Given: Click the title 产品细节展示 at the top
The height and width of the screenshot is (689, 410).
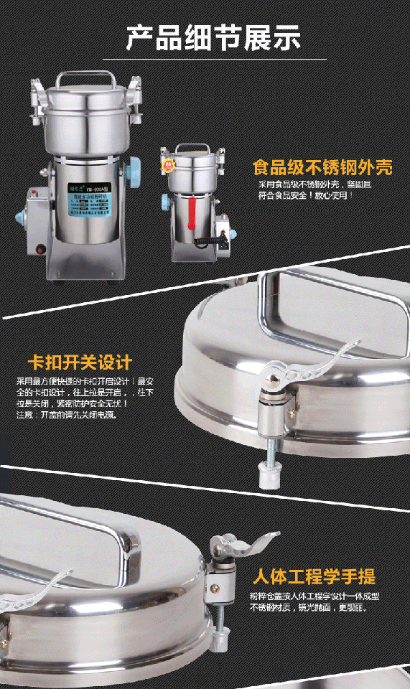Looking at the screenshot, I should pyautogui.click(x=213, y=38).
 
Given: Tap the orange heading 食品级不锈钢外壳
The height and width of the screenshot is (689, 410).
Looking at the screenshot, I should pyautogui.click(x=322, y=168).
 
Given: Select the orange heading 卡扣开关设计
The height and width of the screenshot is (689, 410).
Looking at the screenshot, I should pyautogui.click(x=79, y=360).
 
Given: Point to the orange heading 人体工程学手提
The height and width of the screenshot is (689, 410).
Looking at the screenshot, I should pyautogui.click(x=314, y=576).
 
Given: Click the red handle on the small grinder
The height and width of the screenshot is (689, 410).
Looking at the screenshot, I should pyautogui.click(x=192, y=216).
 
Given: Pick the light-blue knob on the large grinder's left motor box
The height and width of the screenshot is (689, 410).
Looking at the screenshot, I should pyautogui.click(x=18, y=216).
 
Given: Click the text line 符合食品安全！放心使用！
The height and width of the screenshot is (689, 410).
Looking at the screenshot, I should pyautogui.click(x=306, y=194).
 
